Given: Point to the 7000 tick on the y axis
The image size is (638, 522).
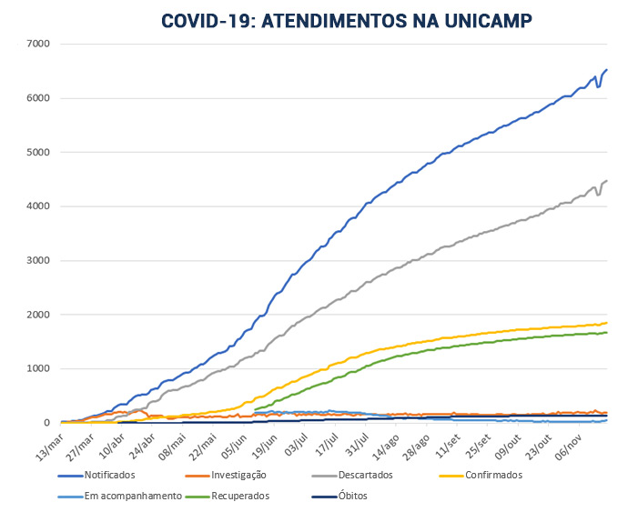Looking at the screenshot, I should click(38, 44).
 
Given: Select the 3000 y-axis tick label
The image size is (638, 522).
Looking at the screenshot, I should click(38, 260).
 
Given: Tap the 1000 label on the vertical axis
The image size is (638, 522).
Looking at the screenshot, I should click(38, 368).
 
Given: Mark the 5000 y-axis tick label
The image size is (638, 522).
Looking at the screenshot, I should click(38, 152).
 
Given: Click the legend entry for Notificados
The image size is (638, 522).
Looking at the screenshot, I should click(109, 475).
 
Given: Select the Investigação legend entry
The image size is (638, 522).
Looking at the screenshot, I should click(239, 475).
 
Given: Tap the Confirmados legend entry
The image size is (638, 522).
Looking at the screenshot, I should click(492, 475).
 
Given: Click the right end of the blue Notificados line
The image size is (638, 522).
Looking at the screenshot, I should click(607, 70).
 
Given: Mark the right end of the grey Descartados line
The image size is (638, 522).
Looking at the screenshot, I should click(607, 181).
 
